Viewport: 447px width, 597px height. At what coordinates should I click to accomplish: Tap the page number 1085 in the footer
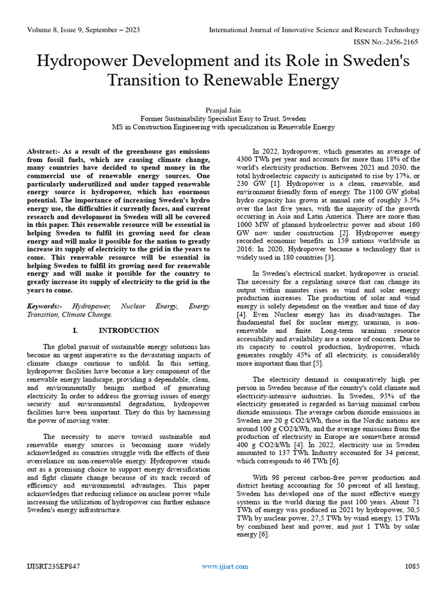point(411,566)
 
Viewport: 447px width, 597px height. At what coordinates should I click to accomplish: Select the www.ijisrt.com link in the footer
point(225,566)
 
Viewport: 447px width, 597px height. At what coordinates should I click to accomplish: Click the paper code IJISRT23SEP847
point(54,566)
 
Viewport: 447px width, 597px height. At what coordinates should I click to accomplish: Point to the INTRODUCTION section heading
point(129,331)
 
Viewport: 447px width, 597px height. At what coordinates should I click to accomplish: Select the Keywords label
point(45,306)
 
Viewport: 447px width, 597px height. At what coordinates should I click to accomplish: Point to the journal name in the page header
point(314,30)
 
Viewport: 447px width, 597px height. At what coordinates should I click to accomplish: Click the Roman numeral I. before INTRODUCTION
point(75,331)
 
